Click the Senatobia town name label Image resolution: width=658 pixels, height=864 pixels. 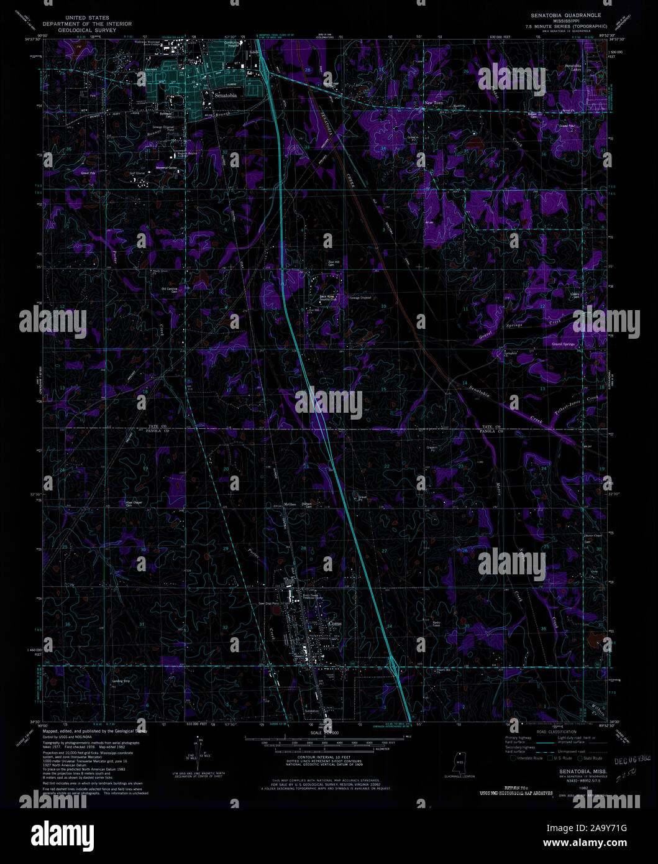224,96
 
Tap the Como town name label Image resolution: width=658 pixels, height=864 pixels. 334,622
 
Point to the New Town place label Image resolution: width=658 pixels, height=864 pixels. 434,103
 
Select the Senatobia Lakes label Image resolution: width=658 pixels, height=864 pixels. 572,67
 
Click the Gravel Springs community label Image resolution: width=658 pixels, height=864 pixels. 564,344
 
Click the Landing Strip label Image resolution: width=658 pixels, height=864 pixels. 121,681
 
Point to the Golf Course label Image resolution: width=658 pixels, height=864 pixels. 137,173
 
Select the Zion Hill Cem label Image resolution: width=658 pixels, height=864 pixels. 334,264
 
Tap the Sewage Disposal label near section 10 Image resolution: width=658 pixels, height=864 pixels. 360,298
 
